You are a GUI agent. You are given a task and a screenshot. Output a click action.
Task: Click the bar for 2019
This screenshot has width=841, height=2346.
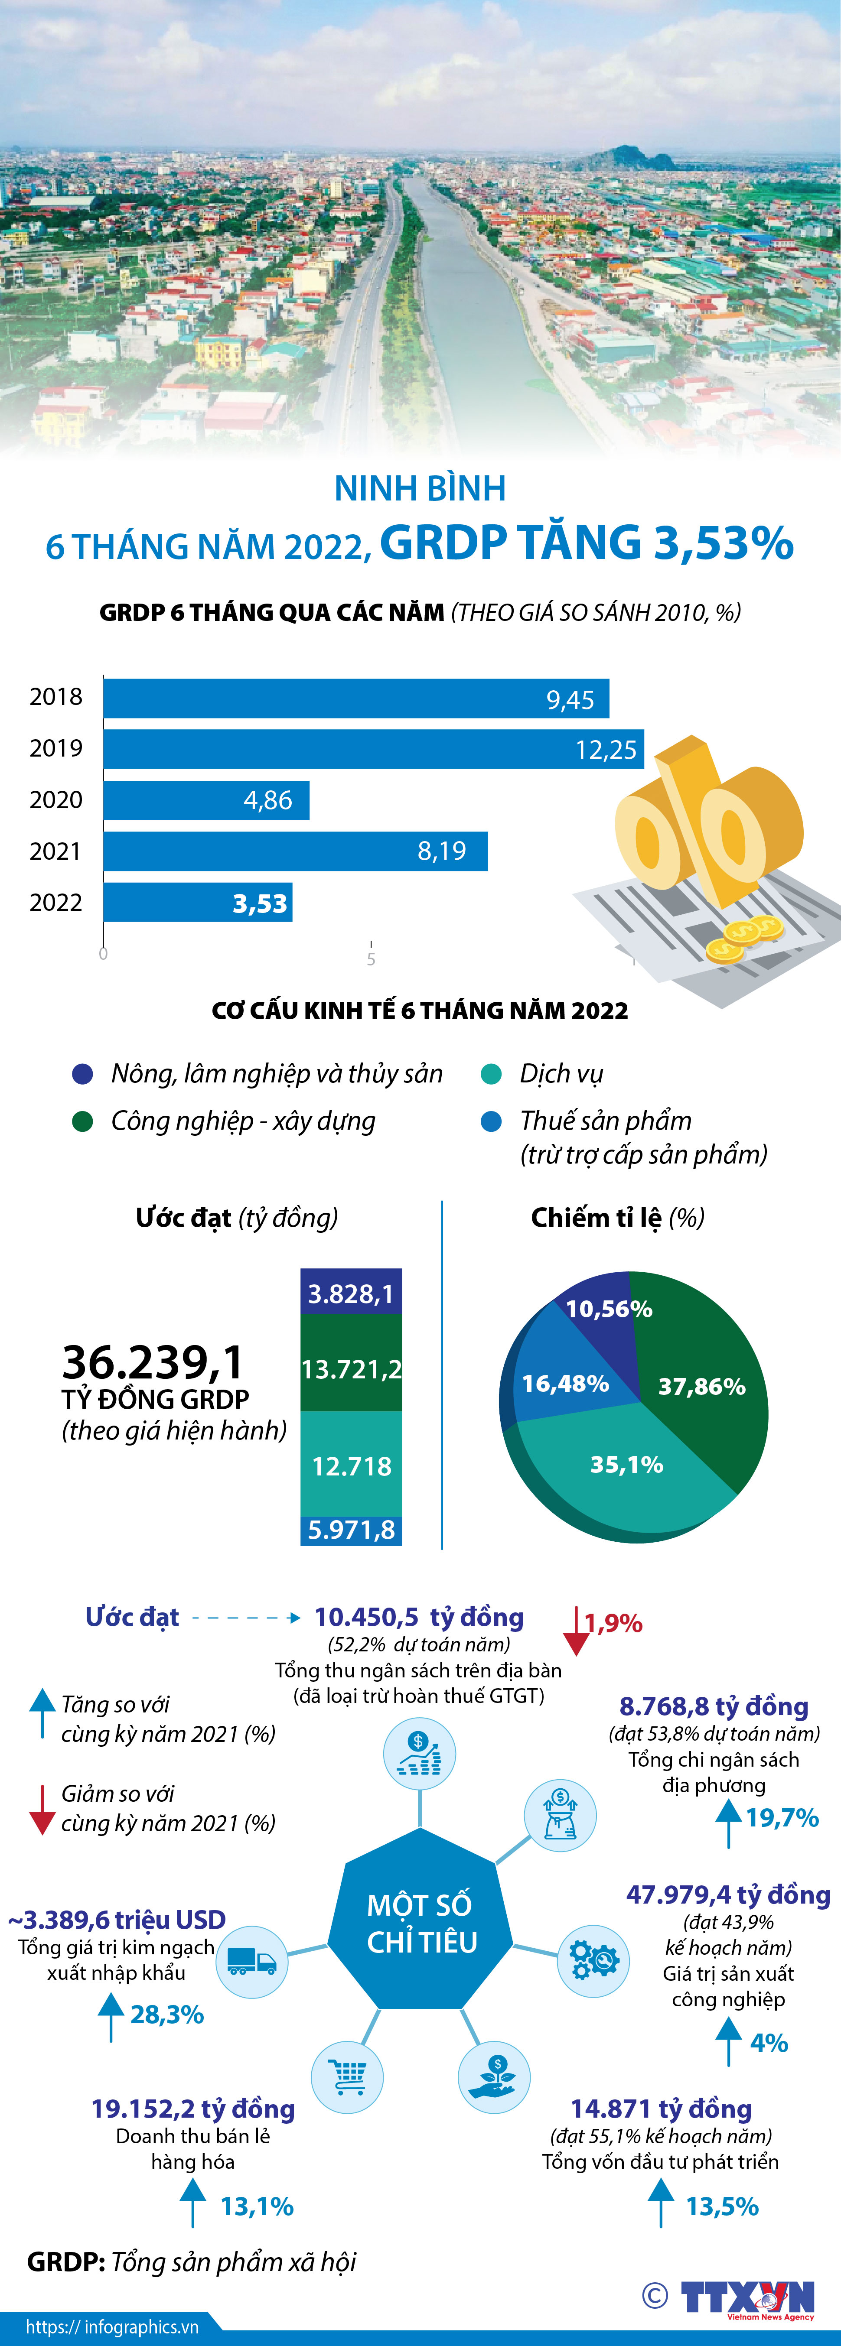pyautogui.click(x=374, y=749)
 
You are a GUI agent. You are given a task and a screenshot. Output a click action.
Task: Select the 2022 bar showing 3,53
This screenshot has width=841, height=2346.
pyautogui.click(x=198, y=903)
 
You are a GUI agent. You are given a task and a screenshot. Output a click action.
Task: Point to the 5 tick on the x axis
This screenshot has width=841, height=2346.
pyautogui.click(x=371, y=958)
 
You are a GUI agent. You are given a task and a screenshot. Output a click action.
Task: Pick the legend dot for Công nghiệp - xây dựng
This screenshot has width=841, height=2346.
pyautogui.click(x=83, y=1121)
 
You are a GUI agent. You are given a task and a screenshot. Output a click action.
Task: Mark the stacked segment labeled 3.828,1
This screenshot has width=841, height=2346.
pyautogui.click(x=352, y=1293)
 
